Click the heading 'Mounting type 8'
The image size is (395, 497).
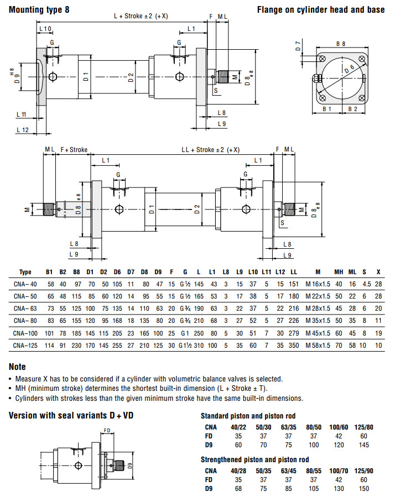(x=39, y=10)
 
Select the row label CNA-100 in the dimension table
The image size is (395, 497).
(x=25, y=333)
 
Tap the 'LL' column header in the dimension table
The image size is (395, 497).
(x=294, y=272)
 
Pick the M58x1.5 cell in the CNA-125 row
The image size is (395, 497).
(x=318, y=346)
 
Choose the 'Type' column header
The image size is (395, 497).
(x=25, y=272)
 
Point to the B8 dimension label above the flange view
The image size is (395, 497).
(x=341, y=43)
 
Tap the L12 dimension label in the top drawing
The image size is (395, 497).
(x=23, y=129)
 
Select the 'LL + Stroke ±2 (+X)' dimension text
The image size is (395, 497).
(x=211, y=150)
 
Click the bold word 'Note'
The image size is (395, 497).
(x=17, y=367)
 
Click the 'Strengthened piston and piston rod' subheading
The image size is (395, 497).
(x=254, y=459)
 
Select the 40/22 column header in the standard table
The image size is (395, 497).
(x=238, y=427)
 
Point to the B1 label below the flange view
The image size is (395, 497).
(x=327, y=109)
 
